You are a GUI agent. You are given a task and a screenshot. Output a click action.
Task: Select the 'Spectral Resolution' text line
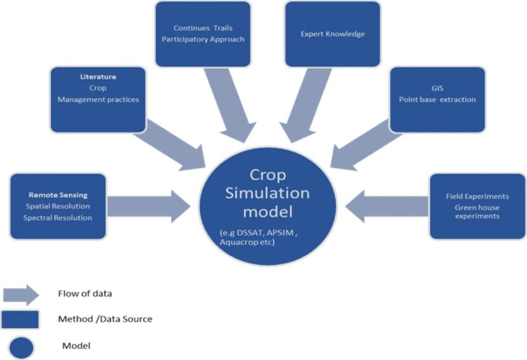[58, 217]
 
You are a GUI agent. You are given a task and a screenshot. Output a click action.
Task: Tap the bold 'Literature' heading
[98, 77]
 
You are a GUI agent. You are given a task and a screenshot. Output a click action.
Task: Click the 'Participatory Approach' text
[203, 39]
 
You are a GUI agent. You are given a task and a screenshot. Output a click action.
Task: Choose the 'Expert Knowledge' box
[332, 34]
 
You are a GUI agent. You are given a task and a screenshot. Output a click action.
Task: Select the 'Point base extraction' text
[437, 100]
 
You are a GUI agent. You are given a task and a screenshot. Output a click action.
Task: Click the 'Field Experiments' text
[477, 196]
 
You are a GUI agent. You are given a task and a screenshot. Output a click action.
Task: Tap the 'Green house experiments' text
[477, 211]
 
